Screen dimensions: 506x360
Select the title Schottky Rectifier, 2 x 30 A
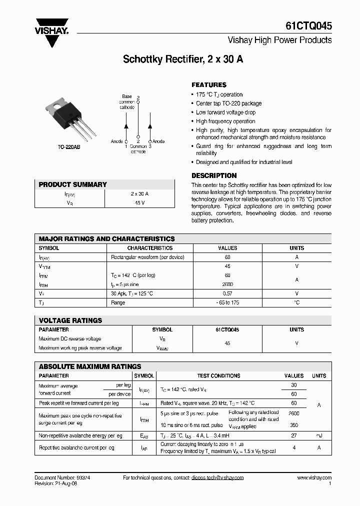point(183,59)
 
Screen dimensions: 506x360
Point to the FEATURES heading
point(209,85)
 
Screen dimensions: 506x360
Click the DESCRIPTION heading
point(214,175)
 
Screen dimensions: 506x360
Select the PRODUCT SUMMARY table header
point(73,184)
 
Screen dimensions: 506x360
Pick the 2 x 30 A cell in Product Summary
point(139,194)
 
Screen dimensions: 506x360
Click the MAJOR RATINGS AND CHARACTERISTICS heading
point(106,239)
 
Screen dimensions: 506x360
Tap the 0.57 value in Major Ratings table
point(227,293)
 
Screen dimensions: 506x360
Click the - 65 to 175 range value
point(227,302)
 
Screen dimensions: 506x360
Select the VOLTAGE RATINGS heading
point(70,320)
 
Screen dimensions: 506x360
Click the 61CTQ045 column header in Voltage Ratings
point(227,330)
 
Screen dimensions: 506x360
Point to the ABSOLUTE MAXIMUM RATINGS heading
point(90,366)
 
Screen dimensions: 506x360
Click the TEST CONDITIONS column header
point(218,375)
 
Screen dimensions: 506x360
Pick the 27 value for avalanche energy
point(294,435)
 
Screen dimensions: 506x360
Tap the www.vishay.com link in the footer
point(314,477)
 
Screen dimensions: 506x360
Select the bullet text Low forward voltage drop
point(225,112)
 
